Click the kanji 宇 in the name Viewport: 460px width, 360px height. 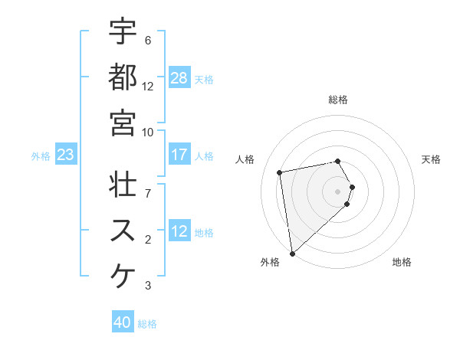click(123, 33)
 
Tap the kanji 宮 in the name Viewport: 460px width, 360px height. click(123, 122)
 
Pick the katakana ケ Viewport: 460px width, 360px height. click(123, 276)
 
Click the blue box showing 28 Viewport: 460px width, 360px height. click(179, 78)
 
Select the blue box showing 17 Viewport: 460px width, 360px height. click(179, 155)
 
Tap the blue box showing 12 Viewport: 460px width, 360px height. click(179, 231)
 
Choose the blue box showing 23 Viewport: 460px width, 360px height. click(66, 155)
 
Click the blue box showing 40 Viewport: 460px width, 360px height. click(123, 323)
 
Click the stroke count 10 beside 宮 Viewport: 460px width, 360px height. click(148, 132)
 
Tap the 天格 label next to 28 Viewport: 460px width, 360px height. click(204, 79)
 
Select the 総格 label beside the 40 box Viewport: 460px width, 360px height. click(147, 324)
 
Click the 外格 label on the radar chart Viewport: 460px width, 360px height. click(270, 263)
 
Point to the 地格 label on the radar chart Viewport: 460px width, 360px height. click(402, 263)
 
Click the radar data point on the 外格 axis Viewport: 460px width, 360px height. click(292, 253)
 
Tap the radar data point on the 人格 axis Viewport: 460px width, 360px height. click(280, 172)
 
